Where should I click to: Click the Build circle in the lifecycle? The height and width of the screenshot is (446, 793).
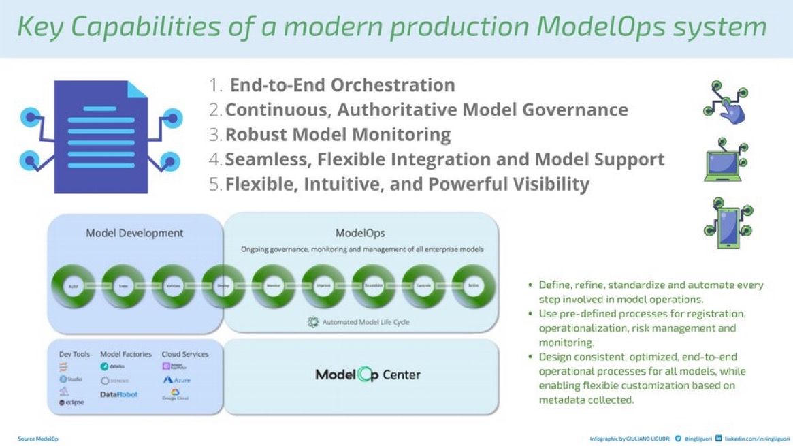pos(74,287)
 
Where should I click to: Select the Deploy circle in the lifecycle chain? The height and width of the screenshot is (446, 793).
pos(223,287)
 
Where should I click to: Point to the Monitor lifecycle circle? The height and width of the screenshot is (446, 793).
pos(274,287)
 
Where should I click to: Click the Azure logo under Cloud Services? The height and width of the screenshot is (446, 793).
pos(176,380)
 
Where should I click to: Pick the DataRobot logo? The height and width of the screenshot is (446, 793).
pos(118,394)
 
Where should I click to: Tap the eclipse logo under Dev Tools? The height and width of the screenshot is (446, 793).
pos(71,402)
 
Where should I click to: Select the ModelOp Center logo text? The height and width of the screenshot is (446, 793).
pos(368,375)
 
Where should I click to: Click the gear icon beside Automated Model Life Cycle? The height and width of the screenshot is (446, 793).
pos(314,322)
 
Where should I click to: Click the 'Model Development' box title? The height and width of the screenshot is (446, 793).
pos(134,233)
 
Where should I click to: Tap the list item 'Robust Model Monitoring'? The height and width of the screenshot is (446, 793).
pos(338,135)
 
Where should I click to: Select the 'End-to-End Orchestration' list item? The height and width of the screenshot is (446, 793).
pos(342,85)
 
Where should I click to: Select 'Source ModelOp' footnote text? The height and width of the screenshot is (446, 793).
pos(38,439)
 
